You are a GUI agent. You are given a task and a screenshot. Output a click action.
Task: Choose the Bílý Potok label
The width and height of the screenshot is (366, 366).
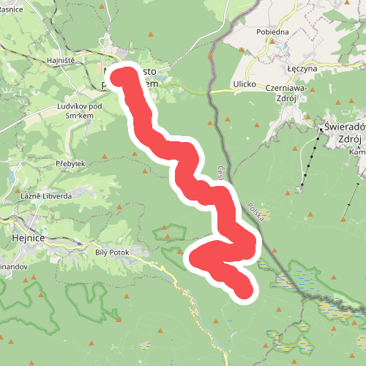pos(111,251)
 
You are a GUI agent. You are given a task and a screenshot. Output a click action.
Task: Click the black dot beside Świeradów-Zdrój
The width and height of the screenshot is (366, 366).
pos(320,129)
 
